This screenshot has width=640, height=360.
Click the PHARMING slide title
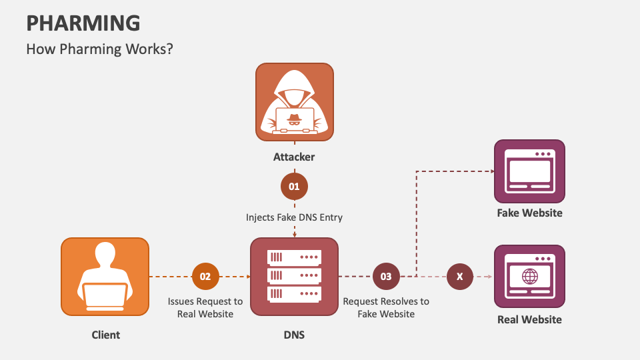pos(83,23)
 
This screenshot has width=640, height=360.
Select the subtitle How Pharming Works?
pos(99,49)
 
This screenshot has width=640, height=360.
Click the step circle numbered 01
pos(294,187)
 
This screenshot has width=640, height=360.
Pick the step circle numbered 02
pos(205,276)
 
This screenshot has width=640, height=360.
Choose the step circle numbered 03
pos(386,276)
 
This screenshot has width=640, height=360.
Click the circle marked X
pos(459,276)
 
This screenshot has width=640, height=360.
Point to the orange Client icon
pos(105,276)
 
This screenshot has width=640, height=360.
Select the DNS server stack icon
pos(294,276)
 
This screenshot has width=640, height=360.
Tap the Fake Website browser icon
pos(529,171)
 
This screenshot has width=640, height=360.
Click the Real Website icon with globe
pos(529,276)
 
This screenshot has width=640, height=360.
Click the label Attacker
pos(294,158)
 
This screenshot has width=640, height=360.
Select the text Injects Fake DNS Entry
pos(294,217)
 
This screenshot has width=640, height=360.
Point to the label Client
pos(106,335)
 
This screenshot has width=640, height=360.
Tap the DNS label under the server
pos(294,335)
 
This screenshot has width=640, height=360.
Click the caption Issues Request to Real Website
pos(205,307)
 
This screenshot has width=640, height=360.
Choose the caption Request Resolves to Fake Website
pos(386,307)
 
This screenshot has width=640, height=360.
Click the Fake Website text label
pos(529,213)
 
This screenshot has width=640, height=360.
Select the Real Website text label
pos(529,319)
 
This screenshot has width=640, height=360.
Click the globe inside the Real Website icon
pos(530,276)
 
